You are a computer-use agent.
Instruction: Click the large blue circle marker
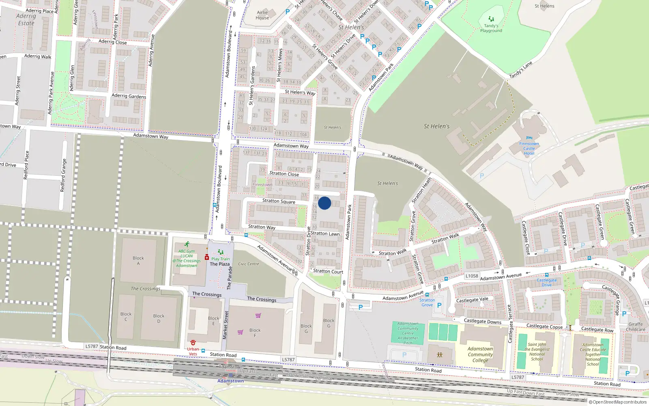pos(324,203)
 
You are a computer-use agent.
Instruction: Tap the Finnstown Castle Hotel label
pos(529,148)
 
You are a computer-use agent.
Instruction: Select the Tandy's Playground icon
pos(491,19)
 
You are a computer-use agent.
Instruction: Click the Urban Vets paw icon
pos(193,343)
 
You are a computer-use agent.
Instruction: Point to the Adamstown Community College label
pos(480,354)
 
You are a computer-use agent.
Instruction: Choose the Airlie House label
pos(262,15)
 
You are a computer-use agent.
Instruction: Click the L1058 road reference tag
pos(472,276)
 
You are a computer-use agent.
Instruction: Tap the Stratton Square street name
pos(279,201)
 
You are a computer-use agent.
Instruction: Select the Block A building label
pos(138,261)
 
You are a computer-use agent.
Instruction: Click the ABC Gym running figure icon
pos(187,244)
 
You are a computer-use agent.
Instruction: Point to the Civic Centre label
pos(249,264)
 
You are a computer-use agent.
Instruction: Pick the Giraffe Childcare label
pos(636,327)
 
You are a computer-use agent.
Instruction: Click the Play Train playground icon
pos(220,253)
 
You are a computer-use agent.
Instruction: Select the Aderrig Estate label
pos(26,19)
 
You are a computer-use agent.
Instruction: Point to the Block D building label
pos(159,318)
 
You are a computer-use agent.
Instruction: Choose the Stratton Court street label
pos(328,271)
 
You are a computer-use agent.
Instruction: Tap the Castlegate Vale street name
pos(472,300)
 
